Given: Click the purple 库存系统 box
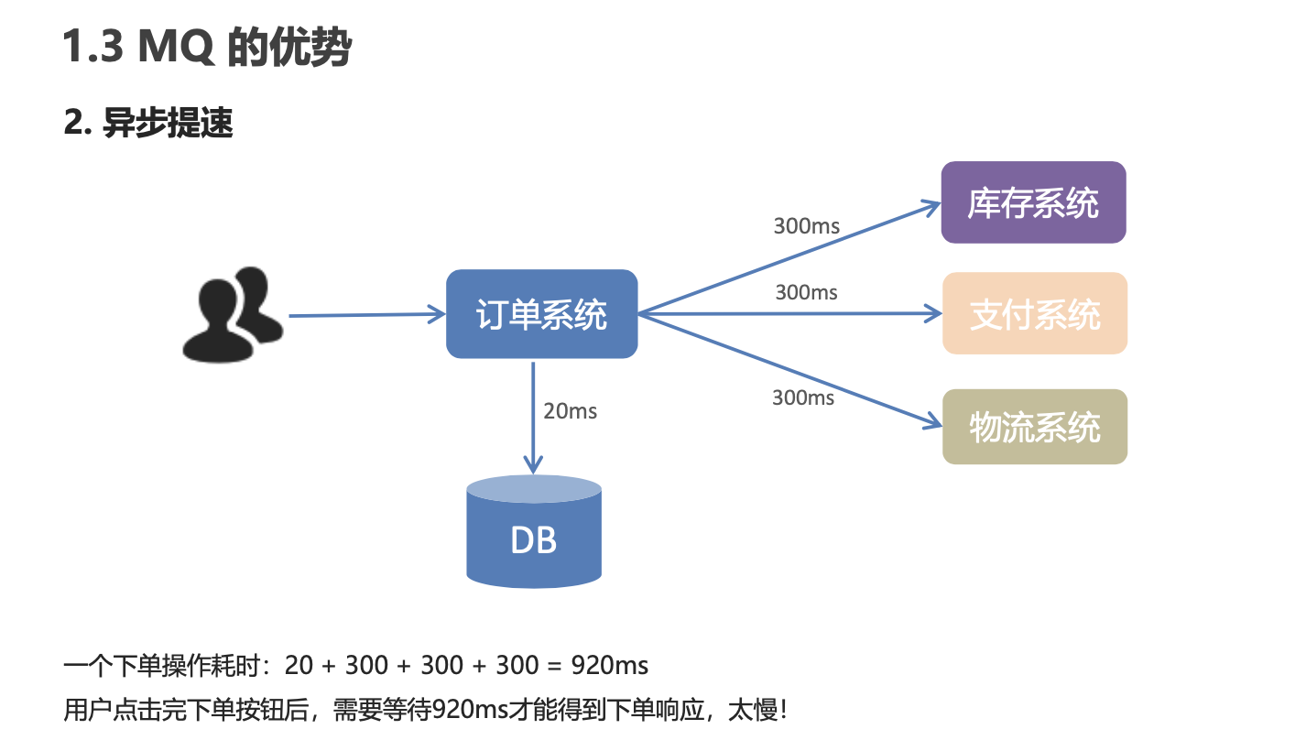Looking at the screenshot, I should coord(1033,202).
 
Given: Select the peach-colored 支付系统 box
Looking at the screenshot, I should coord(1035,314).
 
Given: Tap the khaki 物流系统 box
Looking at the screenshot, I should coord(1035,427).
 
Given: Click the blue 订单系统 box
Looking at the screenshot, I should coord(541,314).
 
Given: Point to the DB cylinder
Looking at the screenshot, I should coord(534,536).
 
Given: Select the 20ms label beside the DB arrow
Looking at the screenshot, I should coord(570,411).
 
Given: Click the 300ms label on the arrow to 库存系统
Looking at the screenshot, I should coord(806,225).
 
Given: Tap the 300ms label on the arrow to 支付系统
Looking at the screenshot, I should coord(806,292).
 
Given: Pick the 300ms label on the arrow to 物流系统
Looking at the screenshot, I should coord(803,397).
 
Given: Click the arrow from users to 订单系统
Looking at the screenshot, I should coord(366,315).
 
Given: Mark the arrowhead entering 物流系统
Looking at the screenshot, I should coord(933,424).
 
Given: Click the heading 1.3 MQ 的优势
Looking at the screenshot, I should coord(207,48).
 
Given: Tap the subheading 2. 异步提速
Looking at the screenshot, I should coord(148,123).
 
